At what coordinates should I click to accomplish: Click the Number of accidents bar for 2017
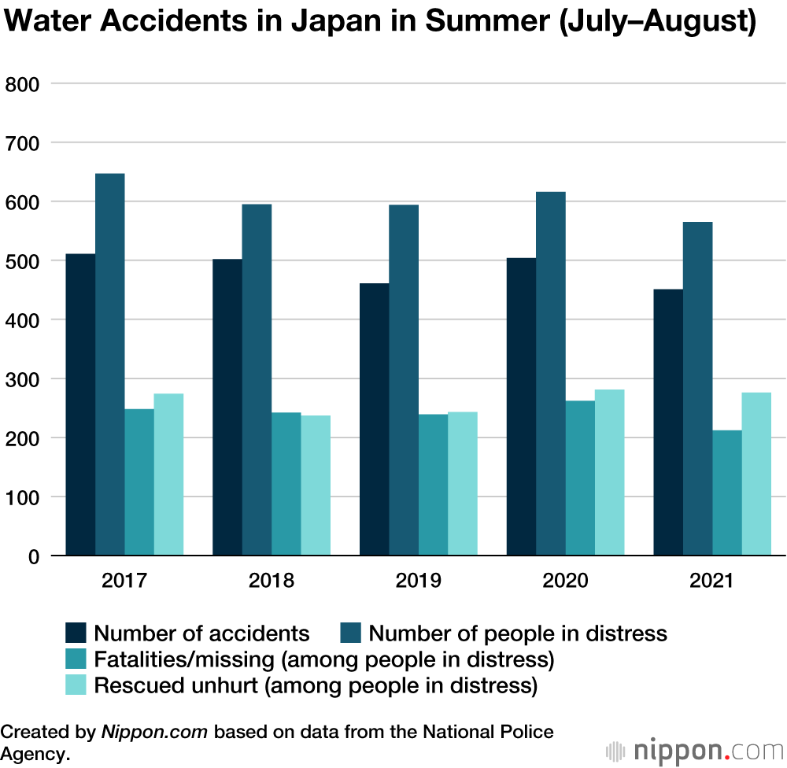(x=80, y=404)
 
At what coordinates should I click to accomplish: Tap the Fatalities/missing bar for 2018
(x=286, y=484)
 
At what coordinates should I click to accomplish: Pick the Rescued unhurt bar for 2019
(x=463, y=483)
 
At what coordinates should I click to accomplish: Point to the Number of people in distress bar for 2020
(x=551, y=374)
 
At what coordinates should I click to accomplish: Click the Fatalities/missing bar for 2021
(x=727, y=493)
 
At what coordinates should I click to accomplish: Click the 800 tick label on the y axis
(x=23, y=83)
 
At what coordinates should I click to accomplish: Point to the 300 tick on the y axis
(x=23, y=378)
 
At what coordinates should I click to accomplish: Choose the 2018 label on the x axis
(x=272, y=582)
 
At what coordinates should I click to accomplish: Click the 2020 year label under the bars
(x=565, y=582)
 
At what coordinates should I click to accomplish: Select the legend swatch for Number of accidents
(x=76, y=633)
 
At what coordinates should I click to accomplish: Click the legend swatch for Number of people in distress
(x=351, y=633)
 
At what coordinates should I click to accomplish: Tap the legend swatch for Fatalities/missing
(x=76, y=659)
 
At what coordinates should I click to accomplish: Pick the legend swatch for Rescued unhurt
(x=76, y=685)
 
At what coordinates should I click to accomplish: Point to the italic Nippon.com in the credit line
(x=154, y=732)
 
